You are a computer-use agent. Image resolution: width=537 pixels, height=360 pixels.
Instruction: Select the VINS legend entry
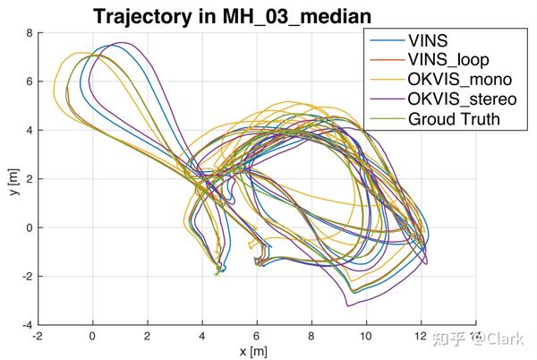[x=428, y=40]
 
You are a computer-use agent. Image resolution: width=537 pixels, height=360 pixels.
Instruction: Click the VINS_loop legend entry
[x=447, y=59]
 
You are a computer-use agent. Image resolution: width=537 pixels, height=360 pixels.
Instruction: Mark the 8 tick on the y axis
[x=28, y=32]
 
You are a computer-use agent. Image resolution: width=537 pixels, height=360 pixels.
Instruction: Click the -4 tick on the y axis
[x=26, y=325]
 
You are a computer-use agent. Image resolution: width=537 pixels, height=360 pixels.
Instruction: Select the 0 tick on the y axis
[x=28, y=227]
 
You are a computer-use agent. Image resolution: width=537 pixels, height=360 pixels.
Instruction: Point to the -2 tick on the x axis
[x=37, y=336]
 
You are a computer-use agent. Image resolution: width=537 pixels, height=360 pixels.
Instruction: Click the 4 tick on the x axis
[x=201, y=336]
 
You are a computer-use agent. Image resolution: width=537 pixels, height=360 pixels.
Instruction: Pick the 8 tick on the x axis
[x=311, y=336]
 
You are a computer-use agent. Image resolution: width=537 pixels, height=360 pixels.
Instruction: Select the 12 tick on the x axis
[x=420, y=336]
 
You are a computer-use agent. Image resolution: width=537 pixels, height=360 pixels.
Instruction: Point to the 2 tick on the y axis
[x=28, y=179]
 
